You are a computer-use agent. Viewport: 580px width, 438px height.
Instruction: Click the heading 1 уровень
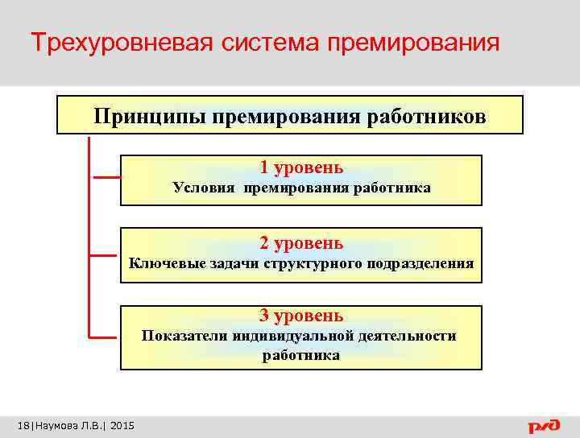(x=301, y=167)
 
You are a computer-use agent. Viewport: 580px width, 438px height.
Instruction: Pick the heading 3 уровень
(x=301, y=315)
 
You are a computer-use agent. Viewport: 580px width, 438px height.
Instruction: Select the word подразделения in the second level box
(x=421, y=263)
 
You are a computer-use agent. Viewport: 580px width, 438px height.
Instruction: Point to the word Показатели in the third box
(x=182, y=336)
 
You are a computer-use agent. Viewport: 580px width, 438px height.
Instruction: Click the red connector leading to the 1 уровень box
(x=106, y=177)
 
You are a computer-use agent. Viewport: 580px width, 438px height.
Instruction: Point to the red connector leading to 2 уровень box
(x=106, y=256)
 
